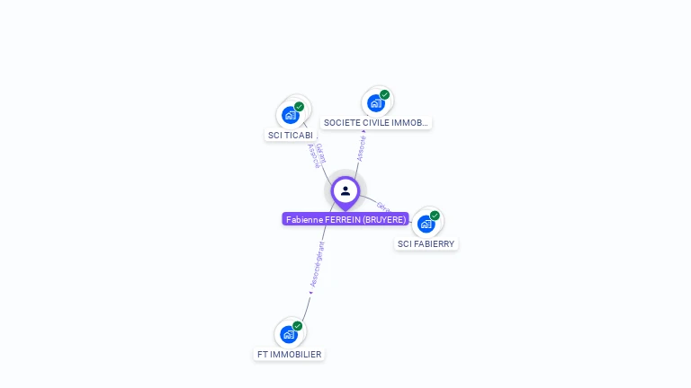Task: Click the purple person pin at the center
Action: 345,191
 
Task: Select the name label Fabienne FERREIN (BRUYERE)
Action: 345,219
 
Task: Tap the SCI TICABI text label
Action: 291,136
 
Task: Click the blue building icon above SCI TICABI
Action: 290,115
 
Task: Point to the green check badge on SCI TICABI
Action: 299,107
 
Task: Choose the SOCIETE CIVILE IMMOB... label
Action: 376,123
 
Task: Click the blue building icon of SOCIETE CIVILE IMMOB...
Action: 375,103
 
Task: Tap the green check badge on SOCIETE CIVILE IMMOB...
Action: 384,95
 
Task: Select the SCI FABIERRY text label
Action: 426,243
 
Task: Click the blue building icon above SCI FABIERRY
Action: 426,224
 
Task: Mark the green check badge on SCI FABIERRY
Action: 435,216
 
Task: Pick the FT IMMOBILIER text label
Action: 289,355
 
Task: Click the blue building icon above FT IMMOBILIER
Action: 288,335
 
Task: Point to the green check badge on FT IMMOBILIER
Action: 297,327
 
